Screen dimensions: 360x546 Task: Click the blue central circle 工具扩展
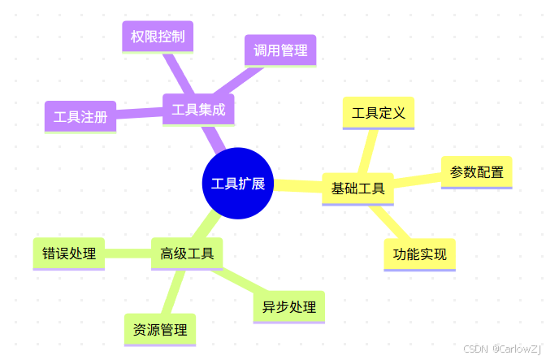click(236, 183)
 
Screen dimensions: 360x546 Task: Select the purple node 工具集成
click(198, 110)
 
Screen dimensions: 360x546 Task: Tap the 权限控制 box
click(157, 37)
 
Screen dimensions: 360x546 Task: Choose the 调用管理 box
click(280, 50)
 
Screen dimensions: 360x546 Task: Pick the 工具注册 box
click(80, 116)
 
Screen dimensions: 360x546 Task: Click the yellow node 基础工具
click(357, 189)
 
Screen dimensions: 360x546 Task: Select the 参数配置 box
click(476, 171)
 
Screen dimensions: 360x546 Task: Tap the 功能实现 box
click(420, 254)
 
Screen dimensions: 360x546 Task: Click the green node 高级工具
click(187, 254)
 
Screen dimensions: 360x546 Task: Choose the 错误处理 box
click(69, 253)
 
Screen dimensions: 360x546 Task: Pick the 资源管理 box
click(160, 329)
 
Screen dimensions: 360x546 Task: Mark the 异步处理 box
click(288, 306)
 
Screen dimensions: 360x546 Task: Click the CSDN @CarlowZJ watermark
click(501, 349)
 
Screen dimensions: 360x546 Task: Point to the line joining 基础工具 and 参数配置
click(418, 180)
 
